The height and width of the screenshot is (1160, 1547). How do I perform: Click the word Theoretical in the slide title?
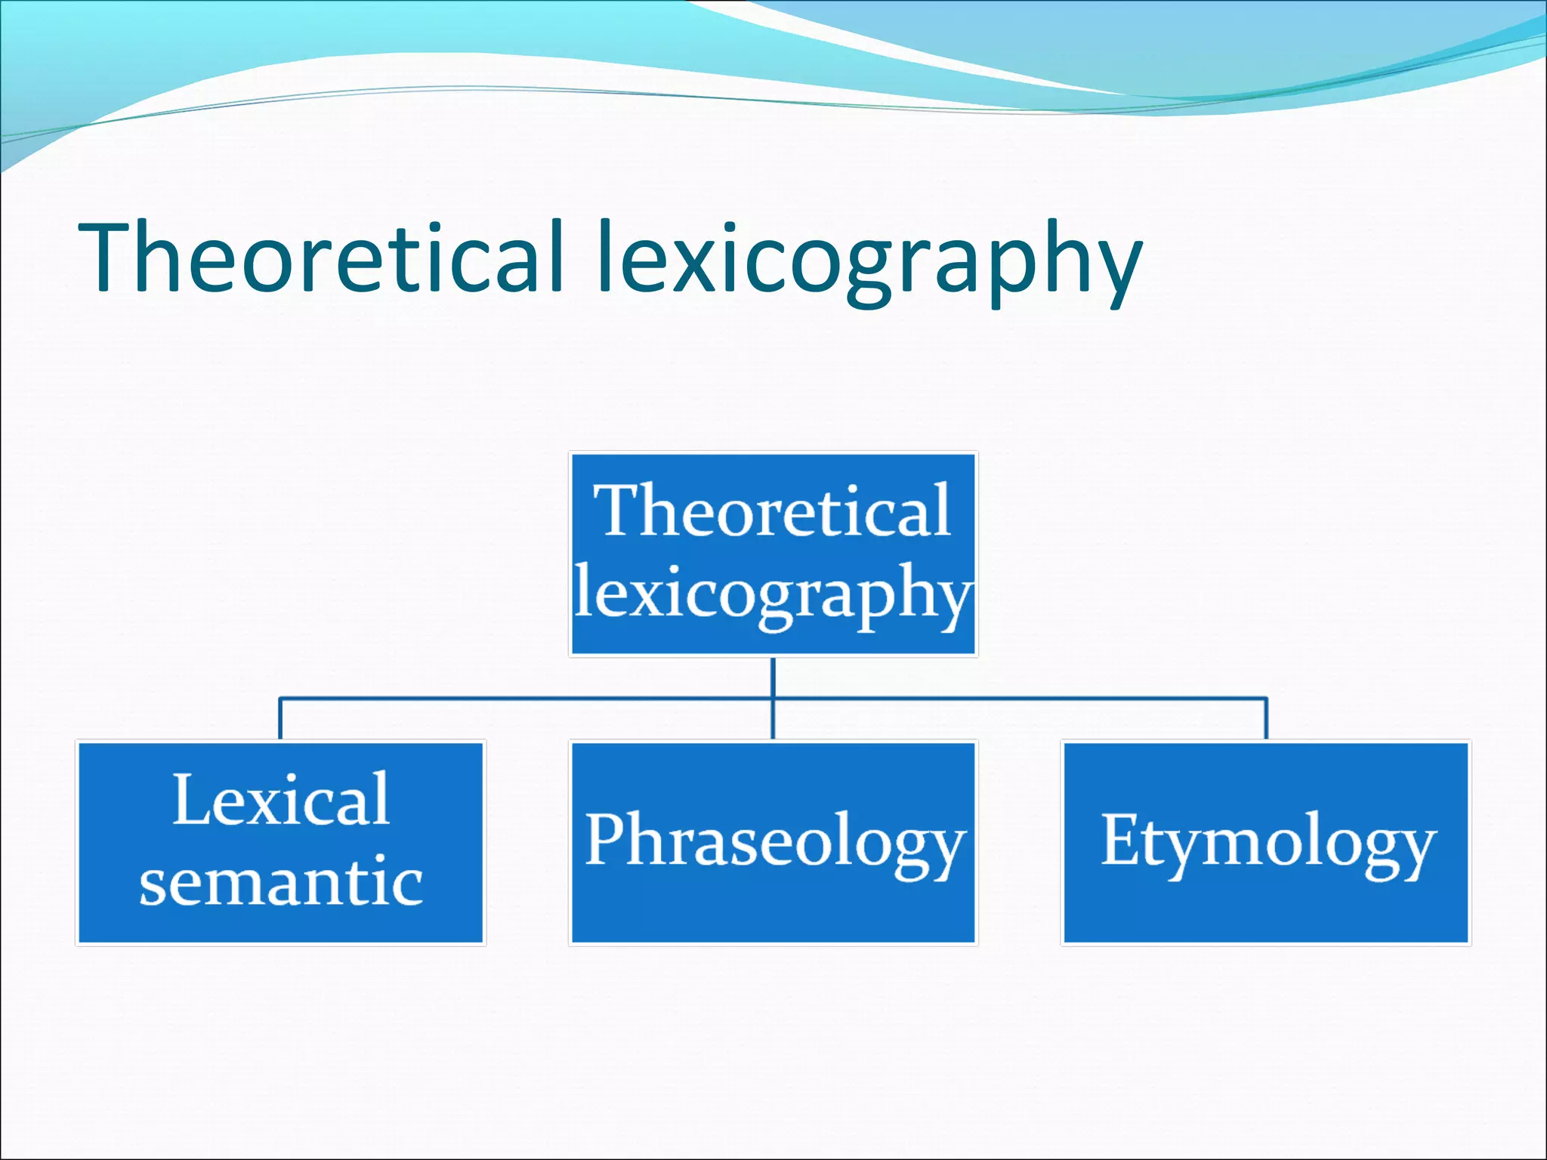321,257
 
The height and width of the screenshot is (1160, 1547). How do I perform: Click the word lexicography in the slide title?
869,261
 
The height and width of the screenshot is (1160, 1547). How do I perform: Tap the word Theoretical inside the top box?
772,512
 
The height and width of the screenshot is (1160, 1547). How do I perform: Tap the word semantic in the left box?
280,882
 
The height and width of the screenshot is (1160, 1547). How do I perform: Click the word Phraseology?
774,841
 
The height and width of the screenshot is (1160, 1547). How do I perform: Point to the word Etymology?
1268,841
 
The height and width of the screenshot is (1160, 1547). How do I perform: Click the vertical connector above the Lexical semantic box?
280,719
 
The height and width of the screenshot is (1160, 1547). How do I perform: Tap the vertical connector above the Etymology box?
1266,719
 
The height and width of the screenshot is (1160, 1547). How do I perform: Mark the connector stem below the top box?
773,677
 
